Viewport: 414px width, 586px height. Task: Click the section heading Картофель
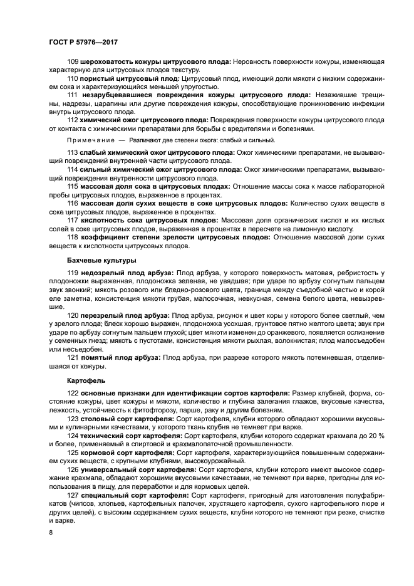pos(85,380)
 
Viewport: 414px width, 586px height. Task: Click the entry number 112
pos(73,120)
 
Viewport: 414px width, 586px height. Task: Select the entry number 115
pos(73,186)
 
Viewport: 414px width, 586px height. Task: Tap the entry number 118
pos(73,237)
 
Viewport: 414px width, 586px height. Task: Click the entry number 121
pos(73,357)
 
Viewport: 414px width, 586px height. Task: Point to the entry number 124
pos(73,435)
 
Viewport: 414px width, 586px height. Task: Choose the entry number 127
pos(73,495)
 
